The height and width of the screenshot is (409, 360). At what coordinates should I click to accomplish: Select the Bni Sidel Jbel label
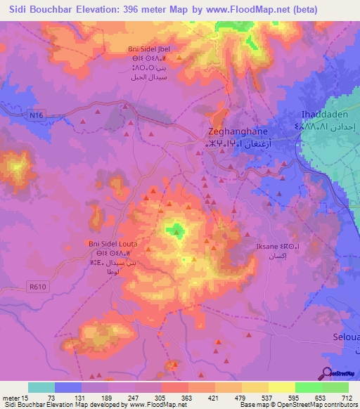[x=148, y=48]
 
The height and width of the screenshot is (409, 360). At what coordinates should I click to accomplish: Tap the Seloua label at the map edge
[x=345, y=338]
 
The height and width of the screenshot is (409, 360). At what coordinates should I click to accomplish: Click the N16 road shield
[x=37, y=115]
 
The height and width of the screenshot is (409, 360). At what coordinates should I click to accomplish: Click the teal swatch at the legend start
[x=41, y=387]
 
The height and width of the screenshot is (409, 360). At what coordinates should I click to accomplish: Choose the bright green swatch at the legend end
[x=335, y=387]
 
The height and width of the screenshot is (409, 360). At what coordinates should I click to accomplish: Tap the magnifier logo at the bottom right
[x=327, y=372]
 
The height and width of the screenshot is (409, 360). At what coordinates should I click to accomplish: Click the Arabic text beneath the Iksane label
[x=266, y=257]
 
